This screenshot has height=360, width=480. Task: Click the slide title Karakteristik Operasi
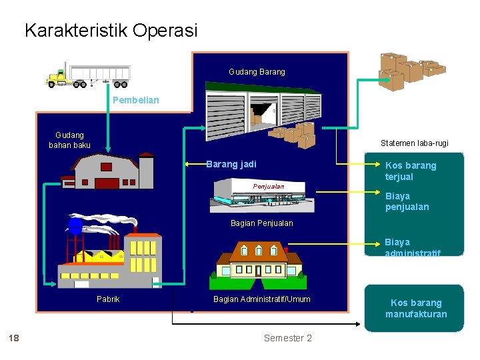[111, 31]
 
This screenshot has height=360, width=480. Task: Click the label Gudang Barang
[257, 72]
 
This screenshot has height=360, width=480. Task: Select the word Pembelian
[136, 101]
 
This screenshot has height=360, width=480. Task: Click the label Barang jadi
[231, 164]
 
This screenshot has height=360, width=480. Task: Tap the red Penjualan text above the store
[268, 187]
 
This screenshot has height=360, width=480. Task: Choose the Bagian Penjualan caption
[261, 223]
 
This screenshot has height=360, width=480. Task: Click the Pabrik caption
[108, 299]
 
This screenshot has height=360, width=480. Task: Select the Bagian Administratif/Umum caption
[261, 299]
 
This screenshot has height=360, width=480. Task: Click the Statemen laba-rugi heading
[414, 143]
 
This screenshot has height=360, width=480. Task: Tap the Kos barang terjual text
[411, 171]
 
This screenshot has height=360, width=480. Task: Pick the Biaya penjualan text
[407, 201]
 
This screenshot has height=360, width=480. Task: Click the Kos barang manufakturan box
[414, 308]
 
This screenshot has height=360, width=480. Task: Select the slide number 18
[13, 338]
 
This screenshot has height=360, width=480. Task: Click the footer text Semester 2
[287, 338]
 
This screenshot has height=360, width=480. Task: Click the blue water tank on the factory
[75, 226]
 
